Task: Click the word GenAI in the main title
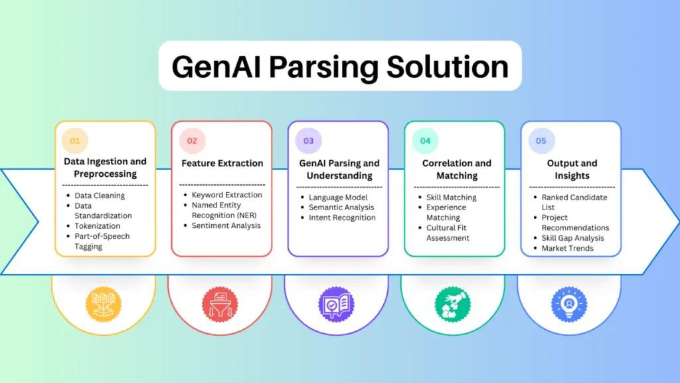click(x=216, y=67)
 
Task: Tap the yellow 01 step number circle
click(x=75, y=141)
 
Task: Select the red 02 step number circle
click(x=192, y=141)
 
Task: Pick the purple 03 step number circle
click(x=308, y=141)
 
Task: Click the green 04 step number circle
click(x=425, y=141)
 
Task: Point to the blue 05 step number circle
click(x=541, y=141)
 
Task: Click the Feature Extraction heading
click(x=222, y=164)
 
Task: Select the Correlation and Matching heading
click(x=457, y=170)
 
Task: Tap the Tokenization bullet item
click(x=97, y=226)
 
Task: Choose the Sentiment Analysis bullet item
click(x=226, y=225)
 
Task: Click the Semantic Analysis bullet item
click(x=341, y=207)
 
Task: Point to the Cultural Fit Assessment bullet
click(x=448, y=233)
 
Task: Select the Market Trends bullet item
click(x=567, y=249)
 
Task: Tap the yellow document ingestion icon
click(x=103, y=305)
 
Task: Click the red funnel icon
click(x=220, y=305)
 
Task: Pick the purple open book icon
click(x=336, y=305)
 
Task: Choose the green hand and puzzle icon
click(x=453, y=305)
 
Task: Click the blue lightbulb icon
click(x=569, y=305)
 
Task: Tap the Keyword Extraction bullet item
click(x=227, y=195)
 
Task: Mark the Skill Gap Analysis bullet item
click(x=572, y=238)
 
